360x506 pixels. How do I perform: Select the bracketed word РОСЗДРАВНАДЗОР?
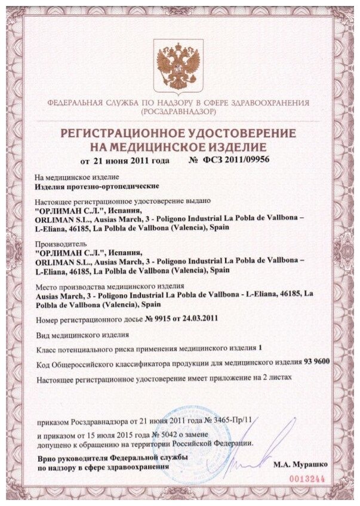pos(177,112)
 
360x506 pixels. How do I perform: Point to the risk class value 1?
pos(259,347)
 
